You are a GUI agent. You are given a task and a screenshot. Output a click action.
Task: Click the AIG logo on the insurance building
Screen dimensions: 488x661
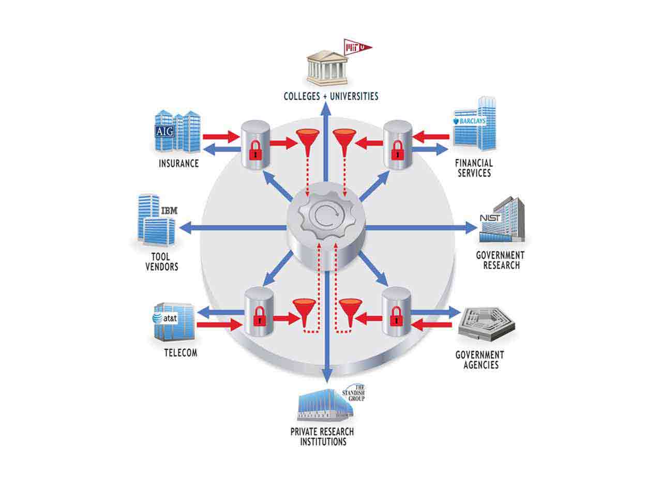[165, 131]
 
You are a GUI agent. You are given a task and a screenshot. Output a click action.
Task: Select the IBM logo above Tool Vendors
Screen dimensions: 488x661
[169, 211]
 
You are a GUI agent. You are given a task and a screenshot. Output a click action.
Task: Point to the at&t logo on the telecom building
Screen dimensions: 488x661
[166, 318]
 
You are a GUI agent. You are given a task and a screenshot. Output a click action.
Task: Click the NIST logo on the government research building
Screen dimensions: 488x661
[490, 218]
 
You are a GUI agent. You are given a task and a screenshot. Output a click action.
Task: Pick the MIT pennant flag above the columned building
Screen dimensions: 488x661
[357, 48]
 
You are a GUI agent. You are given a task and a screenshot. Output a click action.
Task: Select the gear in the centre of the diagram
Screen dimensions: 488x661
[326, 218]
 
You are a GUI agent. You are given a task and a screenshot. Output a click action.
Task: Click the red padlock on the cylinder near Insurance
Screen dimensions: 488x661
[255, 150]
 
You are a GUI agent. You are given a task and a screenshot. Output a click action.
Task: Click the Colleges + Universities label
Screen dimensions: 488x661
[331, 96]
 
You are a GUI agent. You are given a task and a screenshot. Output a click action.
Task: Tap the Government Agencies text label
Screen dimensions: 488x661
[479, 360]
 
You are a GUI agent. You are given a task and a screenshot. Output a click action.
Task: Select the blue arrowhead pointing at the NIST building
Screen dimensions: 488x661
[470, 227]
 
